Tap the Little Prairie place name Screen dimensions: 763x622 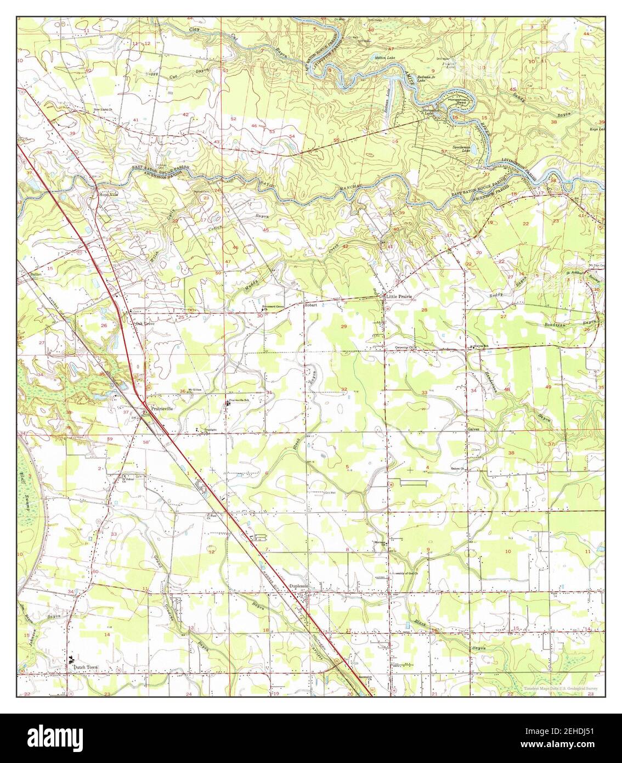399,296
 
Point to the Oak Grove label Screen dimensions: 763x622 145,324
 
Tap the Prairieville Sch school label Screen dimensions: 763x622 242,400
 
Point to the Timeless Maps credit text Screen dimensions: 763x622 559,688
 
